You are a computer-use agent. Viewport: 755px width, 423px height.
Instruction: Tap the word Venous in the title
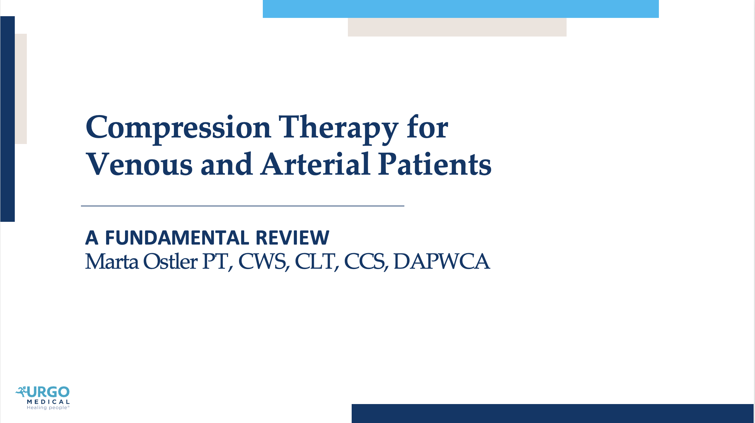point(139,165)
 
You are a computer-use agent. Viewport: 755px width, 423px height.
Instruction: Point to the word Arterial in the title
point(315,165)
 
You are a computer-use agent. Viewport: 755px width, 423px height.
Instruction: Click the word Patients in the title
point(435,165)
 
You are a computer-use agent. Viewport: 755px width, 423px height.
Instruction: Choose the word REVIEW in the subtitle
point(292,238)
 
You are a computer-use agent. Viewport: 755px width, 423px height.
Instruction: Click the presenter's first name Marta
point(112,262)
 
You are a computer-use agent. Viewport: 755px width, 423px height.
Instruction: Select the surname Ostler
point(170,262)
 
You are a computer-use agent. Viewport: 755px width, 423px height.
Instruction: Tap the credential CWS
point(262,262)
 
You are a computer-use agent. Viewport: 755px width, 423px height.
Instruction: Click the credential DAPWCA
point(442,262)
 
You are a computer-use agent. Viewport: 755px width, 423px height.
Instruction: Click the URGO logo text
point(49,392)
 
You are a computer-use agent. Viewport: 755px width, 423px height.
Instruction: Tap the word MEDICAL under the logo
point(48,402)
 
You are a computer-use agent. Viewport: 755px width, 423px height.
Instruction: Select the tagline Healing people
point(47,408)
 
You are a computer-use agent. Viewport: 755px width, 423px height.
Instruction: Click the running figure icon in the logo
point(21,392)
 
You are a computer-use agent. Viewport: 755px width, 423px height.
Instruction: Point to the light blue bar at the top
point(461,9)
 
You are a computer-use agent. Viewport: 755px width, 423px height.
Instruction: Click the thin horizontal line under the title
point(242,206)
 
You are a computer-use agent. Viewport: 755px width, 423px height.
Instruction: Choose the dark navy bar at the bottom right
point(552,413)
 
